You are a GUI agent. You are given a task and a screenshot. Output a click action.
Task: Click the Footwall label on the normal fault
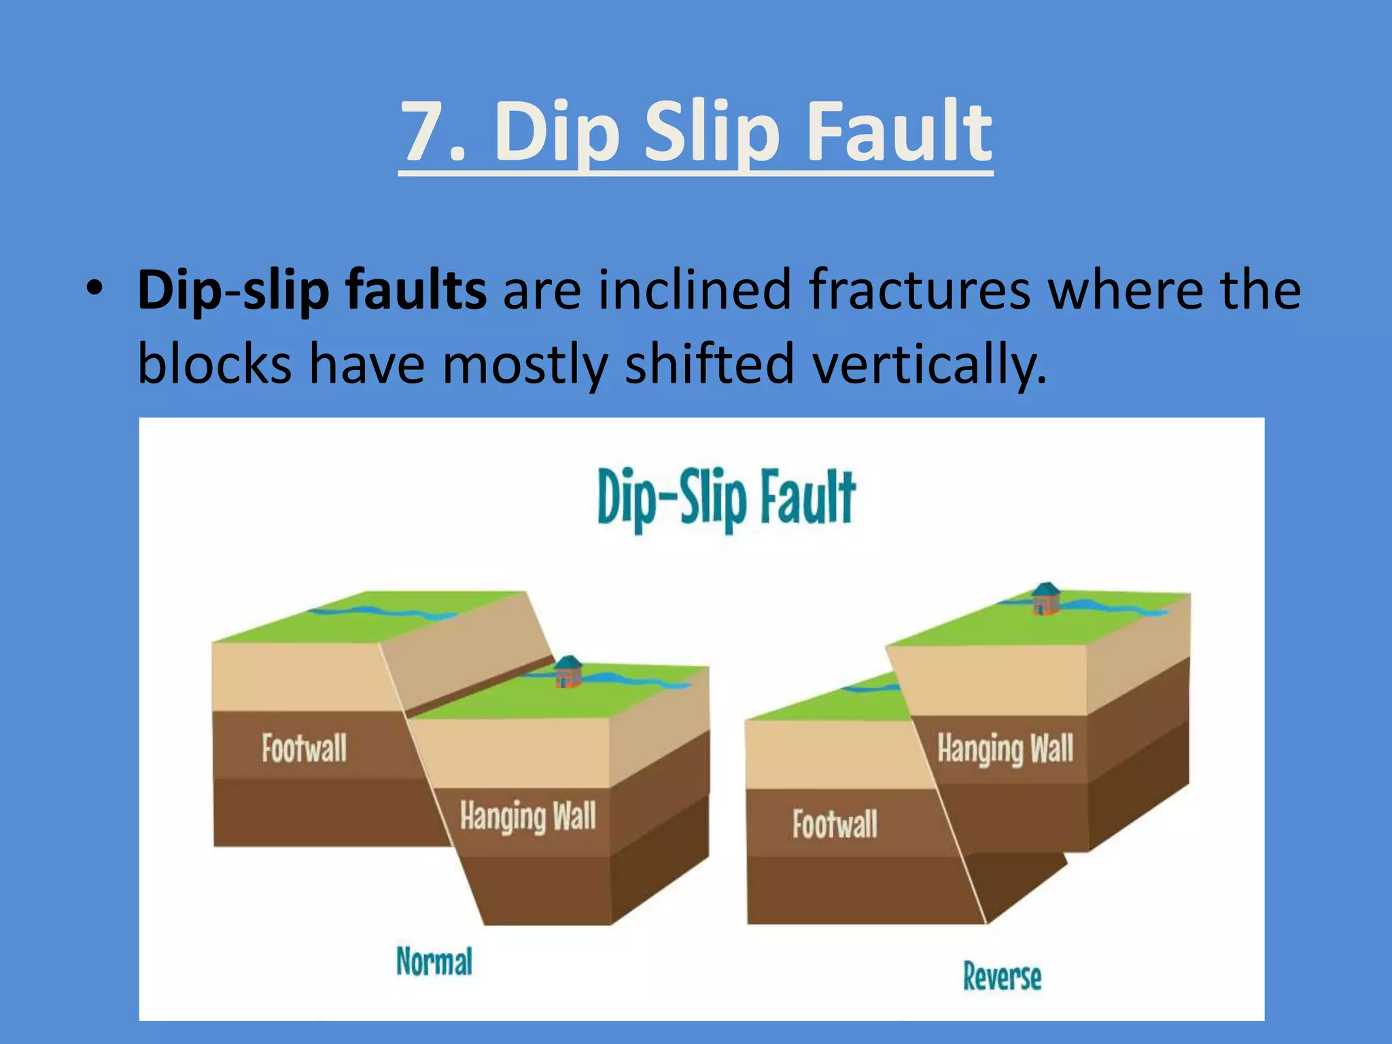[x=304, y=748]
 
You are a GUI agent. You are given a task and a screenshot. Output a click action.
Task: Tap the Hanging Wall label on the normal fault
[x=527, y=816]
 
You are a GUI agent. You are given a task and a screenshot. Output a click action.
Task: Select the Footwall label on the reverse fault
[x=835, y=824]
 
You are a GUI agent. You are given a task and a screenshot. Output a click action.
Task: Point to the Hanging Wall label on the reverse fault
[x=1005, y=749]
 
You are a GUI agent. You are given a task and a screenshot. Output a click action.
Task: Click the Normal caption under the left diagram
[x=434, y=962]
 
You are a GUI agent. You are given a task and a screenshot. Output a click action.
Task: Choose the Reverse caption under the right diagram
[x=1002, y=977]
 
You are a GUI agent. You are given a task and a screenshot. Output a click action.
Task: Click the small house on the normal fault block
[x=568, y=672]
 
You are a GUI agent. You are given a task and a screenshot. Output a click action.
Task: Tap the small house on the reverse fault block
[x=1045, y=599]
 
